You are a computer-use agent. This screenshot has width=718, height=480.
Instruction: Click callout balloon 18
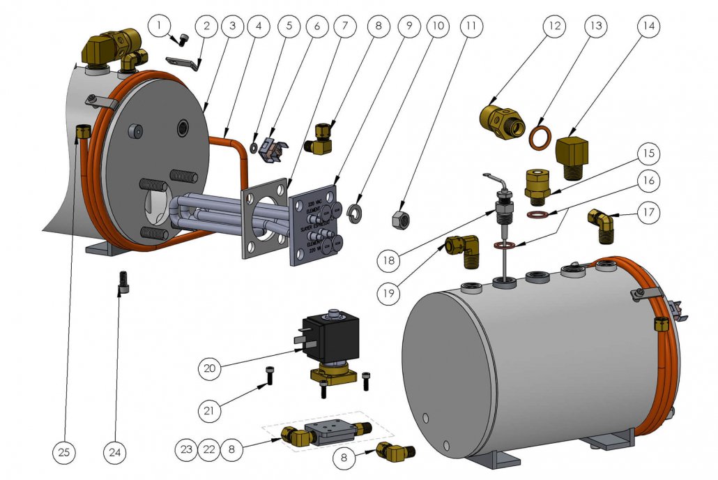(x=389, y=260)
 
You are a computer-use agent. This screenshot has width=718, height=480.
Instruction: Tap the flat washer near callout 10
(x=356, y=211)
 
